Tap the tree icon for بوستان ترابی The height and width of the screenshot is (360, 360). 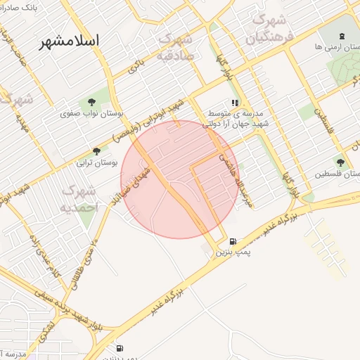coord(96,150)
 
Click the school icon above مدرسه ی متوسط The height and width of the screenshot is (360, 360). coord(235,102)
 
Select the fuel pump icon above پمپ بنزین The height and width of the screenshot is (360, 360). coord(233,240)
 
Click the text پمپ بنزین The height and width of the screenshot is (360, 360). coord(232,251)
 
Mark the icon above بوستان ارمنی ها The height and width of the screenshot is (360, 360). coord(342,36)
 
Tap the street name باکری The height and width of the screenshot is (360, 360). coord(136,67)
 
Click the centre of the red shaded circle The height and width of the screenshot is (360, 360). coord(180,179)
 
